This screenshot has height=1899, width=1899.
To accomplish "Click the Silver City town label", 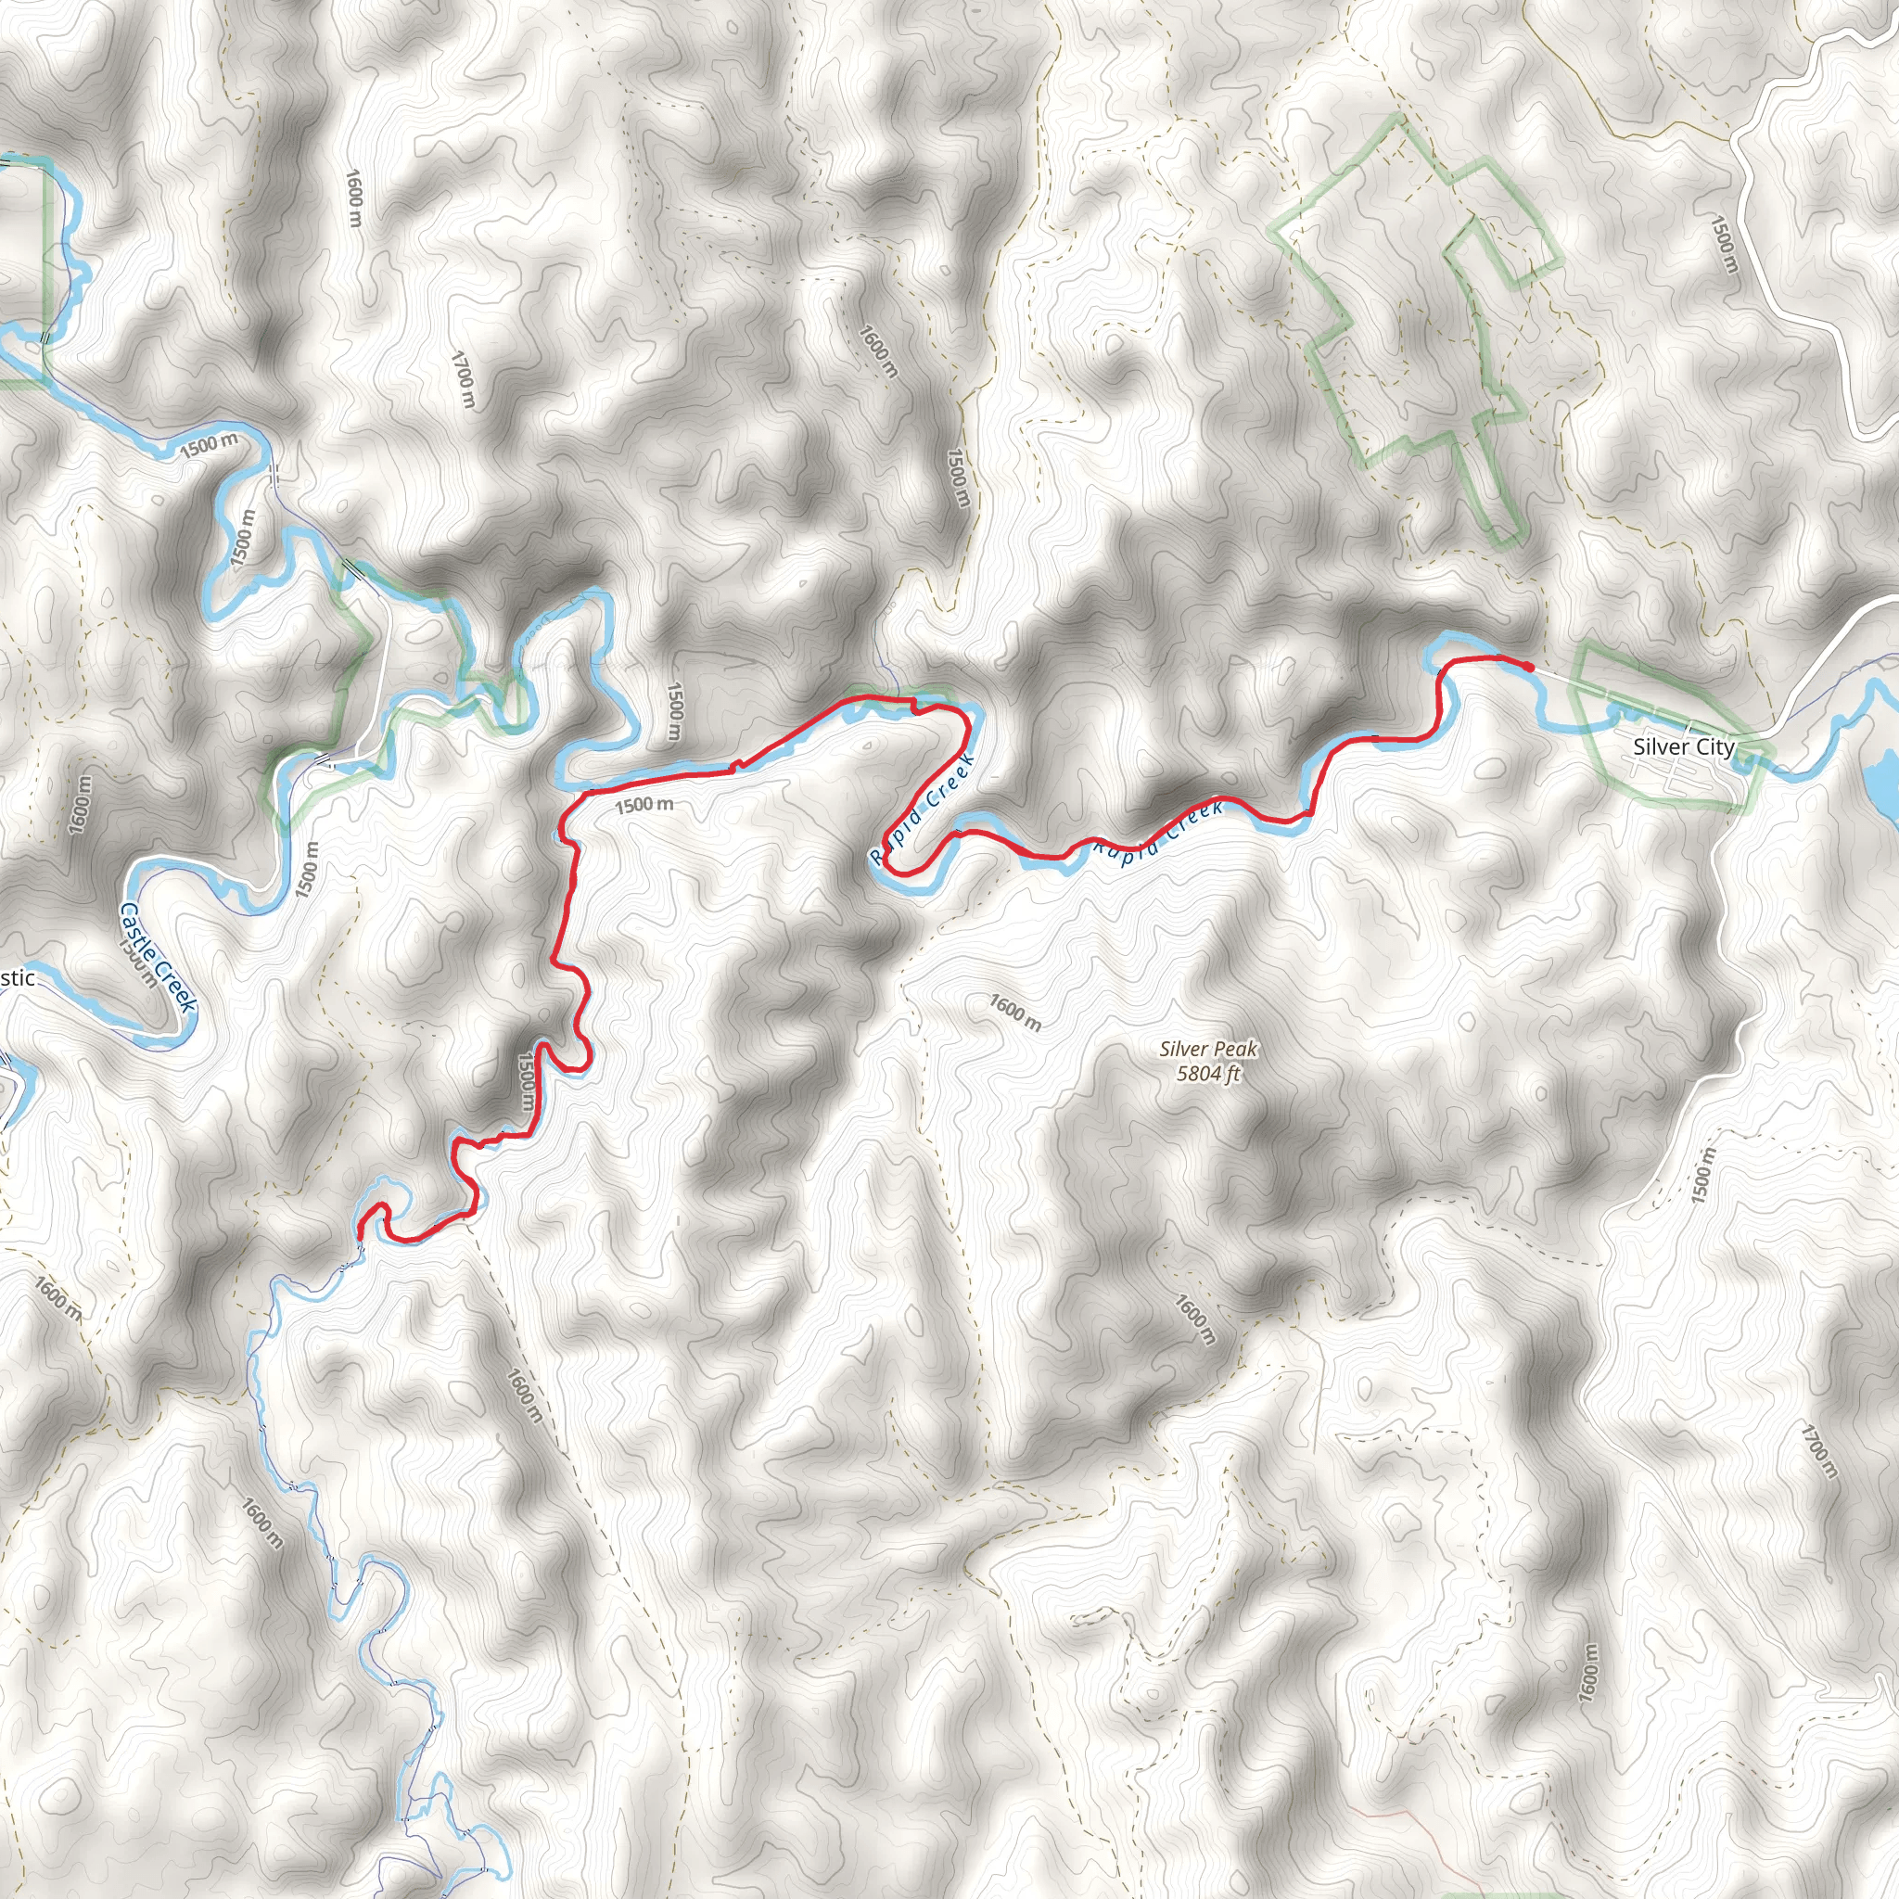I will tap(1684, 747).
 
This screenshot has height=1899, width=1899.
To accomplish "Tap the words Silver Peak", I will tap(1208, 1050).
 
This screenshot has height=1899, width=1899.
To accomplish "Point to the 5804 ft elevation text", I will tap(1208, 1074).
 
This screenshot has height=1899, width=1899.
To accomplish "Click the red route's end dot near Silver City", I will tap(1529, 668).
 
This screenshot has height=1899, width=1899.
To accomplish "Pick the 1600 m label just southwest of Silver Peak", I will tap(1014, 1013).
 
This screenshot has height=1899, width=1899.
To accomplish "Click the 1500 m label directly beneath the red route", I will tap(644, 805).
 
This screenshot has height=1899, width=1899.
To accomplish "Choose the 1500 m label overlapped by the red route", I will tap(527, 1082).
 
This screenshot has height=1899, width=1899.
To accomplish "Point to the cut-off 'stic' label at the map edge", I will tap(18, 978).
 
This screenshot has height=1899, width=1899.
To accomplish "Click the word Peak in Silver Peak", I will tap(1234, 1050).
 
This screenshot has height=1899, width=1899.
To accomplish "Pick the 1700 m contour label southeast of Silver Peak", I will tap(1818, 1451).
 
